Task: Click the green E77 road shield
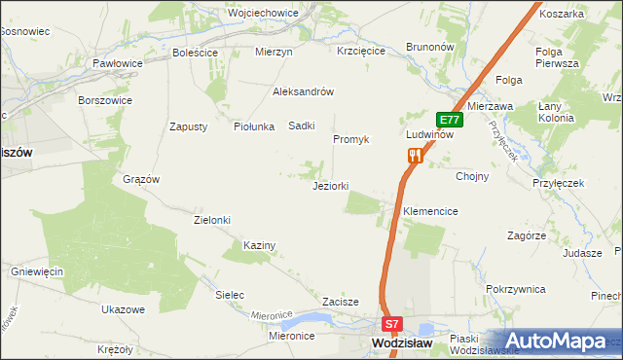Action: pyautogui.click(x=449, y=120)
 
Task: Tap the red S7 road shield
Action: pyautogui.click(x=391, y=325)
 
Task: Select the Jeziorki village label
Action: pyautogui.click(x=330, y=186)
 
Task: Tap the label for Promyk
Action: pyautogui.click(x=351, y=139)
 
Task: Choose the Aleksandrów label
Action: pyautogui.click(x=304, y=91)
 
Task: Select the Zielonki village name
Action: pyautogui.click(x=212, y=220)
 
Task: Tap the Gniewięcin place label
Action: pyautogui.click(x=37, y=270)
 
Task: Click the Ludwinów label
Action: pyautogui.click(x=430, y=134)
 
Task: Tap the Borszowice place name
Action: pyautogui.click(x=104, y=99)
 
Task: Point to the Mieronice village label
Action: pyautogui.click(x=294, y=336)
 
